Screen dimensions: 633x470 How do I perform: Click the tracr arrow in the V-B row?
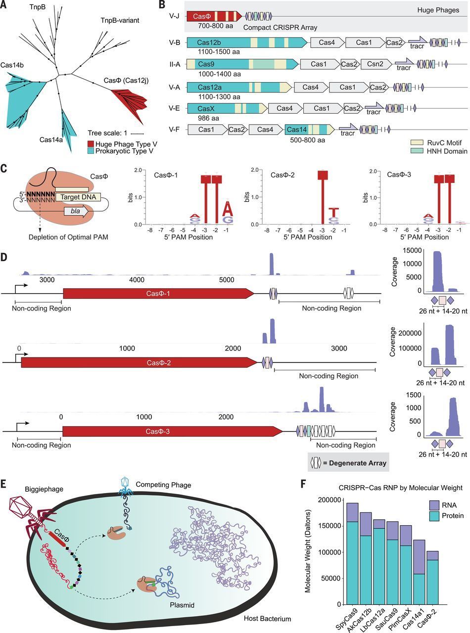click(x=417, y=44)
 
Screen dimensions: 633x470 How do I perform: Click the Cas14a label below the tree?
click(x=53, y=140)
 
